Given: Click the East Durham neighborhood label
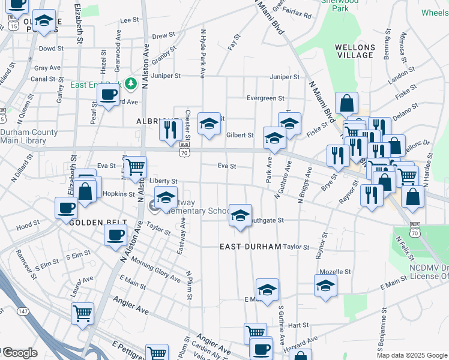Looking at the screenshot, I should tap(250, 247).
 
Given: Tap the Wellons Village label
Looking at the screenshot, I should tap(354, 51).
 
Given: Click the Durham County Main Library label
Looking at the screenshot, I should tap(29, 137).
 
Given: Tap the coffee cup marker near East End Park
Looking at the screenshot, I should tap(109, 95).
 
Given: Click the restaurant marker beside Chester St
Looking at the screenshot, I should tap(171, 129).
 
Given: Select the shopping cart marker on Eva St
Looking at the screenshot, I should tap(135, 167).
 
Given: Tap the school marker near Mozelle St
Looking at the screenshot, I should tap(325, 285).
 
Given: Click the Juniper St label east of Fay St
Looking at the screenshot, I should tap(285, 77).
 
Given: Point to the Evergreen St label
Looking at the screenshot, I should tap(265, 98).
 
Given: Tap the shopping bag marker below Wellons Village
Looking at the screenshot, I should tap(347, 103).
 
